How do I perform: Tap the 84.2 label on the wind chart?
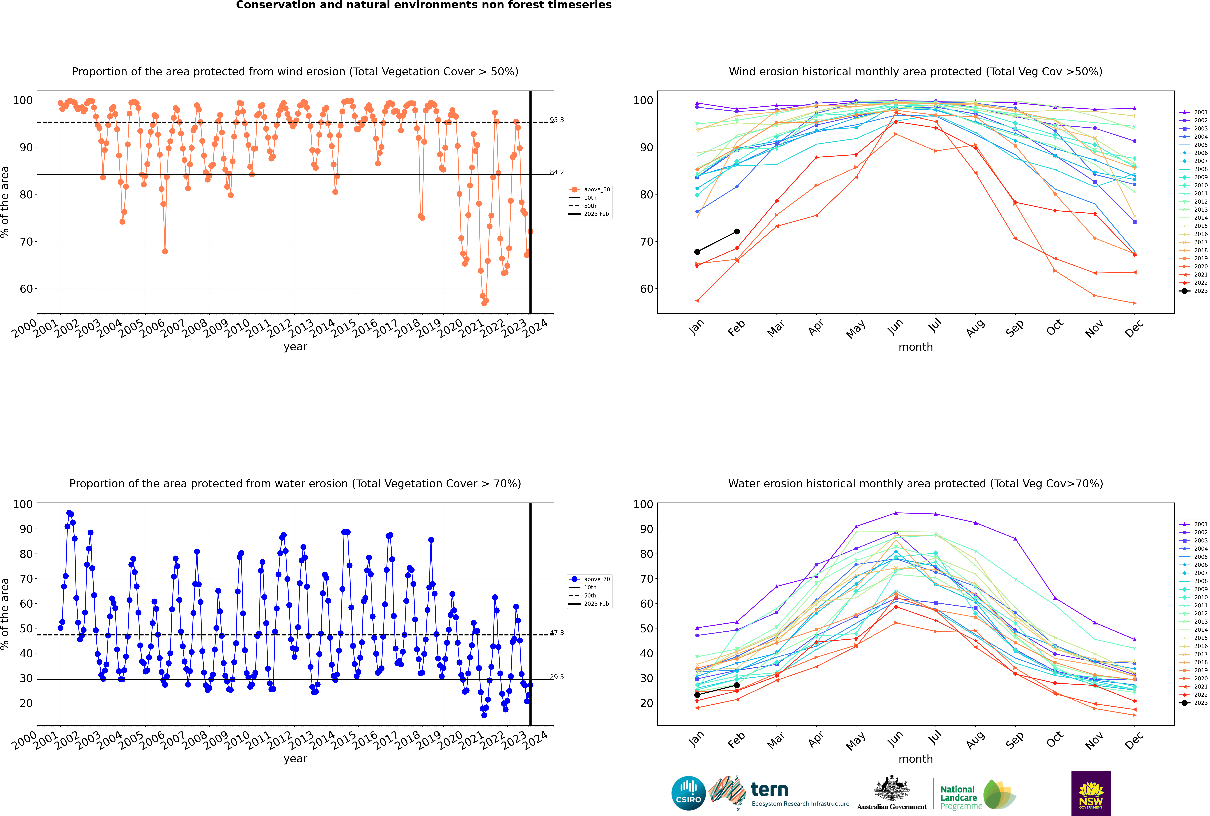pyautogui.click(x=557, y=172)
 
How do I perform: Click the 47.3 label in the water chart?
pyautogui.click(x=557, y=633)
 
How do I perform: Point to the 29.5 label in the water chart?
pyautogui.click(x=557, y=677)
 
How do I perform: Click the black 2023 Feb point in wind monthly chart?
pyautogui.click(x=737, y=232)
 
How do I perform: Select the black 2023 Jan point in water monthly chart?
pyautogui.click(x=697, y=695)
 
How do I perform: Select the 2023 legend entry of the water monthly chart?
pyautogui.click(x=1194, y=703)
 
